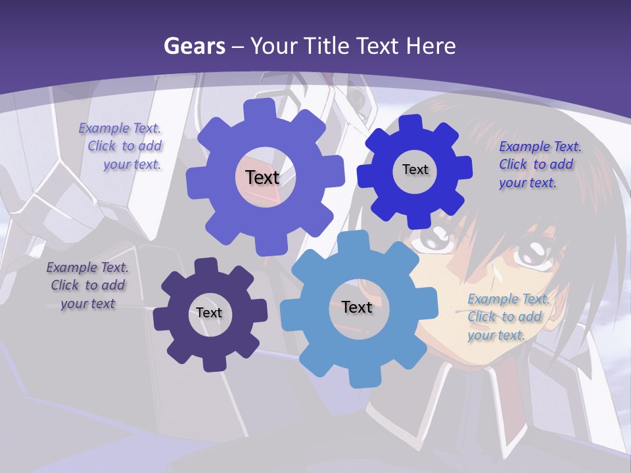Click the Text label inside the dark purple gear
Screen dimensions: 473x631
click(x=209, y=313)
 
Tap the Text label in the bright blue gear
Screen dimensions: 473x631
click(x=415, y=169)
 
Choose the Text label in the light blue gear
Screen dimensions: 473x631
click(x=357, y=307)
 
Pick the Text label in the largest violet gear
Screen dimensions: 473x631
click(x=262, y=177)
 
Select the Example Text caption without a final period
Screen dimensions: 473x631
click(x=87, y=285)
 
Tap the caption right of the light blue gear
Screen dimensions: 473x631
click(x=507, y=317)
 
